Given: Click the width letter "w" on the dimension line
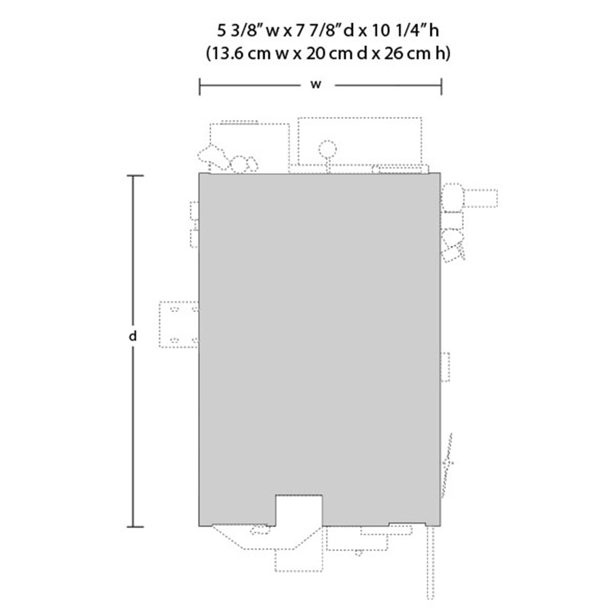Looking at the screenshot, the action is tap(316, 85).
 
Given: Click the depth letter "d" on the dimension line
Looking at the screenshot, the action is tap(133, 336).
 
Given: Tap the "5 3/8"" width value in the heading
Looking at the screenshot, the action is tap(239, 31).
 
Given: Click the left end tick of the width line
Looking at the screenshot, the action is tap(200, 87).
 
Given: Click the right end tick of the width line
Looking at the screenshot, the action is tap(441, 87).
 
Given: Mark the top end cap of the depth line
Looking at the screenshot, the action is tap(135, 176).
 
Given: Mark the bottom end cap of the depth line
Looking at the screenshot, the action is tap(135, 527).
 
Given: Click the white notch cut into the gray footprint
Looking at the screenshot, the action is tap(299, 510).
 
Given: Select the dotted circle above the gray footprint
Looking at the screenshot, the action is tap(327, 149).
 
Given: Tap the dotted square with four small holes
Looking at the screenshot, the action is tap(179, 325).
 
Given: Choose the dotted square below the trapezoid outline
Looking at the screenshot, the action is tap(299, 561).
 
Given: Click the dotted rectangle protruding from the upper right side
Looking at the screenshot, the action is tap(480, 198).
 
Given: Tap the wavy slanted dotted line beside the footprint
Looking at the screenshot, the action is tap(447, 465).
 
